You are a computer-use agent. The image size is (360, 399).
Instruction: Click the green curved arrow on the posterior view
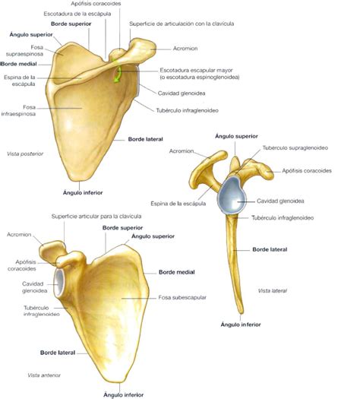coord(118,74)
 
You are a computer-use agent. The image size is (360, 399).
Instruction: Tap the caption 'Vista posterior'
coord(25,154)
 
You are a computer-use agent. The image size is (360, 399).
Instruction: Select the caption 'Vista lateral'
coord(273,290)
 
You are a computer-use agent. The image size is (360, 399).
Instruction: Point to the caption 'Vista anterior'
coord(44,375)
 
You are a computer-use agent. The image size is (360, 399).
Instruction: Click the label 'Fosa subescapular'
coord(182,297)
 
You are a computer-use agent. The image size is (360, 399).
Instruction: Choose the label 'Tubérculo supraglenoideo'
coord(295,147)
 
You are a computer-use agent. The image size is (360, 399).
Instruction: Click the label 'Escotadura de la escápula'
coord(77,14)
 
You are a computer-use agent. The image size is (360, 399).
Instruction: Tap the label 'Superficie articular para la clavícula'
coord(96,217)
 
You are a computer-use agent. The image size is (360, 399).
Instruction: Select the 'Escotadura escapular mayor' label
coord(196,70)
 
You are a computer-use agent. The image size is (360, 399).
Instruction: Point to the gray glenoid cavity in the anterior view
coord(59,283)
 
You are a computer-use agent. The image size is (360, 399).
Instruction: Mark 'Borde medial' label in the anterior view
coord(177,272)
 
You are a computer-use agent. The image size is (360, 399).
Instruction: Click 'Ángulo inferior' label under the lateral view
coord(241,325)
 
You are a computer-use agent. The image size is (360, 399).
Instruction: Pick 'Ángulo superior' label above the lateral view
coord(236,136)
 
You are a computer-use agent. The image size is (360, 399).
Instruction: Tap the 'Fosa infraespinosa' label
coord(18,110)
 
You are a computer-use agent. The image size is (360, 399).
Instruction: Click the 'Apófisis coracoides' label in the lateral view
coord(307,170)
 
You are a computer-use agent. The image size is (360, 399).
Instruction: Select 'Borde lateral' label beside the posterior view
coord(145,139)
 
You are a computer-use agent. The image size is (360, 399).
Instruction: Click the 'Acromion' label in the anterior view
coord(19,234)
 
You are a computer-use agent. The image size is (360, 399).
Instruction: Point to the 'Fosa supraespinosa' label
coord(24,50)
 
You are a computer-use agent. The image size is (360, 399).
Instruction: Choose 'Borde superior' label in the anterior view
coord(122,228)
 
